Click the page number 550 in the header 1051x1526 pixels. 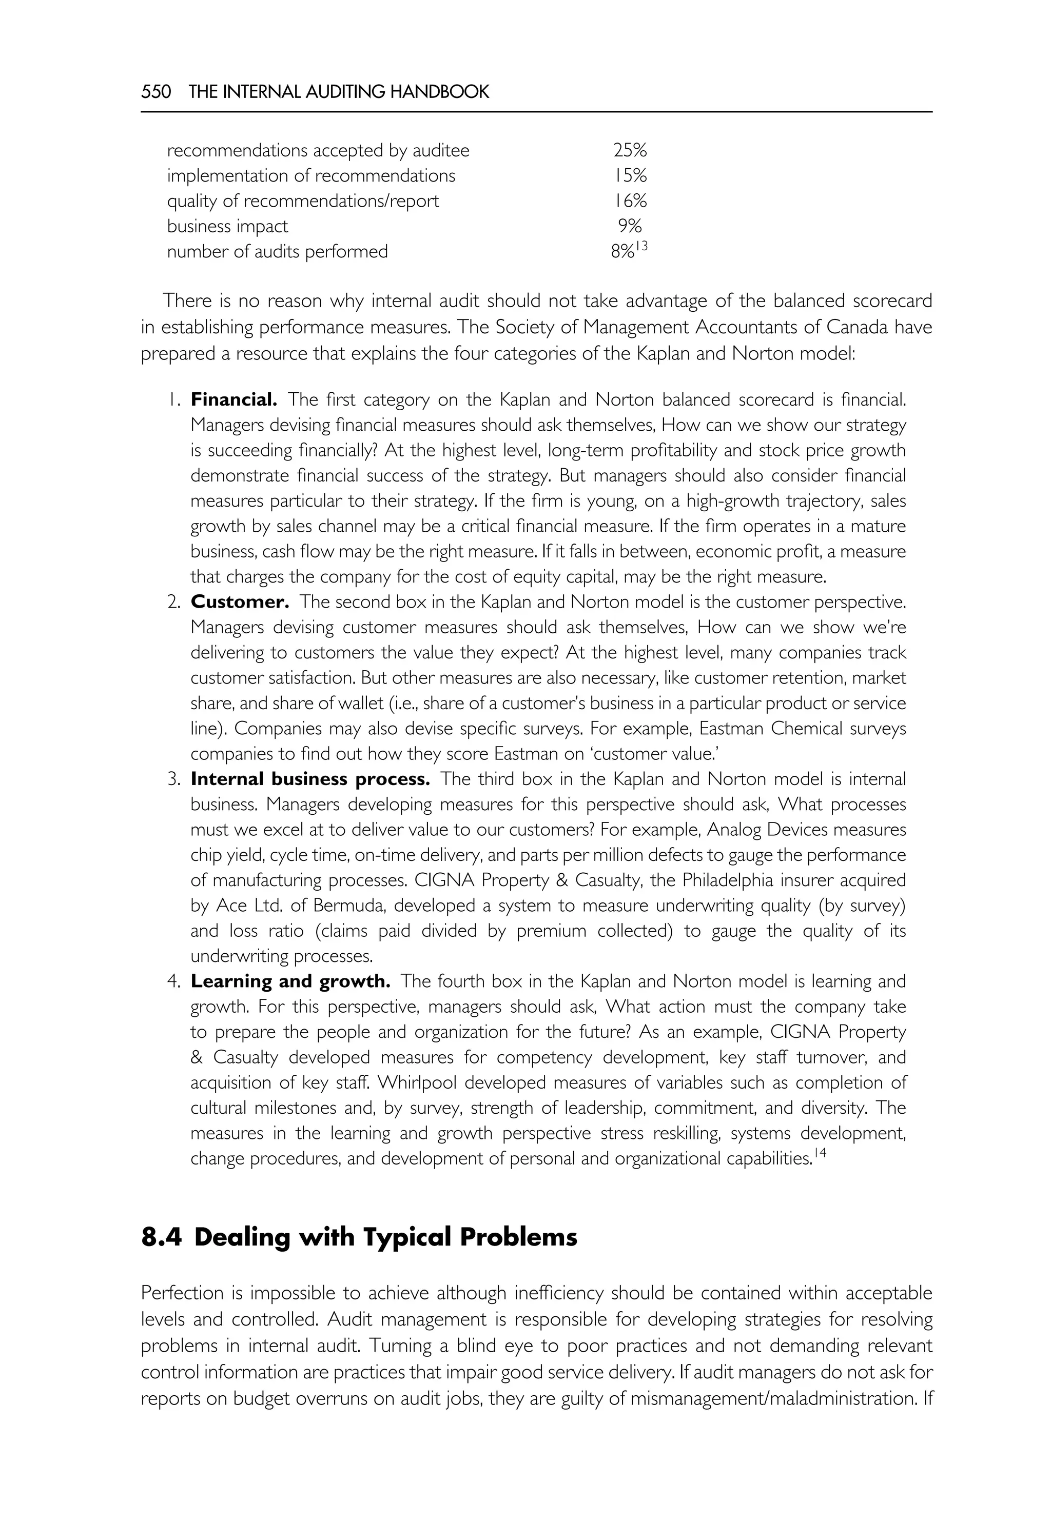tap(156, 91)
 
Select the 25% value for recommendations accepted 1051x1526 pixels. tap(630, 151)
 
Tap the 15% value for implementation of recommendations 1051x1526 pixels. tap(630, 176)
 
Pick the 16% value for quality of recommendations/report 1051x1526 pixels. tap(630, 200)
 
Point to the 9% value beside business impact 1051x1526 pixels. tap(630, 226)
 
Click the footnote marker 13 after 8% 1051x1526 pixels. tap(642, 246)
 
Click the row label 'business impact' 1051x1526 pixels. tap(227, 226)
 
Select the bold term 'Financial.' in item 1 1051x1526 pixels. tap(234, 399)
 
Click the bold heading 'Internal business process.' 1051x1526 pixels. tap(310, 779)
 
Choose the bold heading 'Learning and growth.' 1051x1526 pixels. tap(290, 981)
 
